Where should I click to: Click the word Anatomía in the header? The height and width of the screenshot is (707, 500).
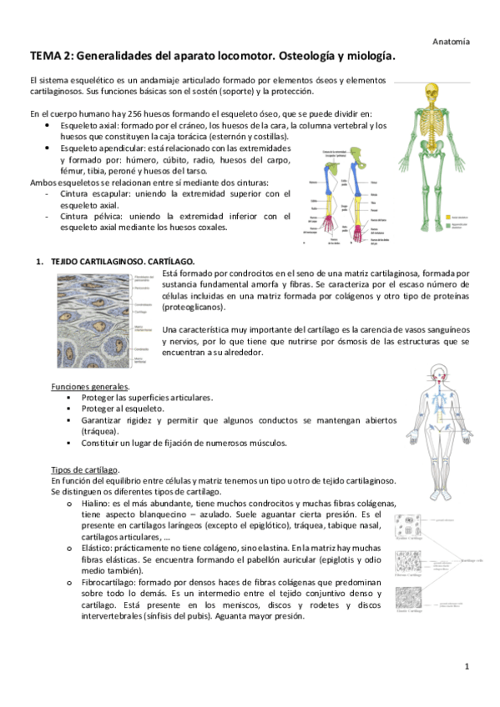click(452, 40)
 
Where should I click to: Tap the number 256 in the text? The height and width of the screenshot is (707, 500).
click(118, 113)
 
